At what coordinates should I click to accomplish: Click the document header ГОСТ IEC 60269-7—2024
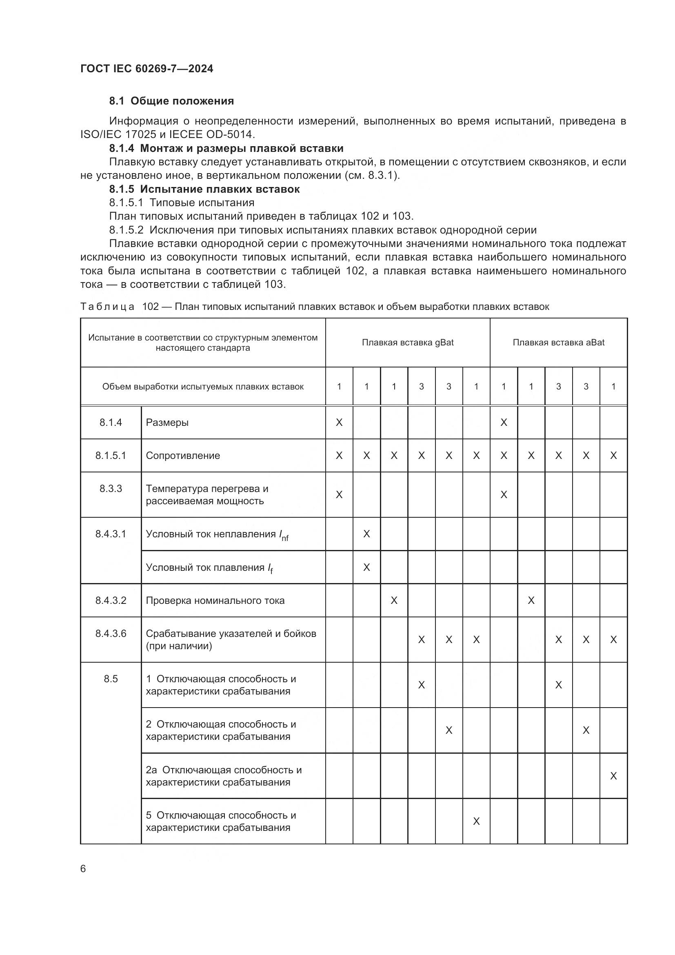coord(147,69)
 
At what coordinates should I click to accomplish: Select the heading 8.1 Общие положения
coord(171,101)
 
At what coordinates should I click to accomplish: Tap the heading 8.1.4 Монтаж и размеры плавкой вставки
coord(226,148)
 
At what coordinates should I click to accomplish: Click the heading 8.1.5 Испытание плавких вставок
coord(204,189)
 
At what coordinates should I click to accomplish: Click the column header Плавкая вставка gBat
coord(407,342)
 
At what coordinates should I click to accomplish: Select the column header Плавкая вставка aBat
coord(558,342)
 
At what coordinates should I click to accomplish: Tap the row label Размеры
coord(167,423)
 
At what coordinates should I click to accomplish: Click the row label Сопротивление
coord(183,456)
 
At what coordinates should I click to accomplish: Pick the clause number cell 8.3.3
coord(111,488)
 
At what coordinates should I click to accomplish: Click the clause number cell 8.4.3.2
coord(111,600)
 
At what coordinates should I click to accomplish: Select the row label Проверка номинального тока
coord(215,600)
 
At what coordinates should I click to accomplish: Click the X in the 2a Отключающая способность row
coord(613,776)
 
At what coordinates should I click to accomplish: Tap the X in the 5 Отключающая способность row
coord(476,821)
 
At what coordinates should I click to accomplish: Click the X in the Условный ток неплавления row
coord(366,534)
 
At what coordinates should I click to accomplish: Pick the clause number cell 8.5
coord(111,679)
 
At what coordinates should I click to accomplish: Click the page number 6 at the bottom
coord(83,869)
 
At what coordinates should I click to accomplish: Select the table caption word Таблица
coord(107,307)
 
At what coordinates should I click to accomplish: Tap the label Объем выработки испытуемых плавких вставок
coord(203,386)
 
